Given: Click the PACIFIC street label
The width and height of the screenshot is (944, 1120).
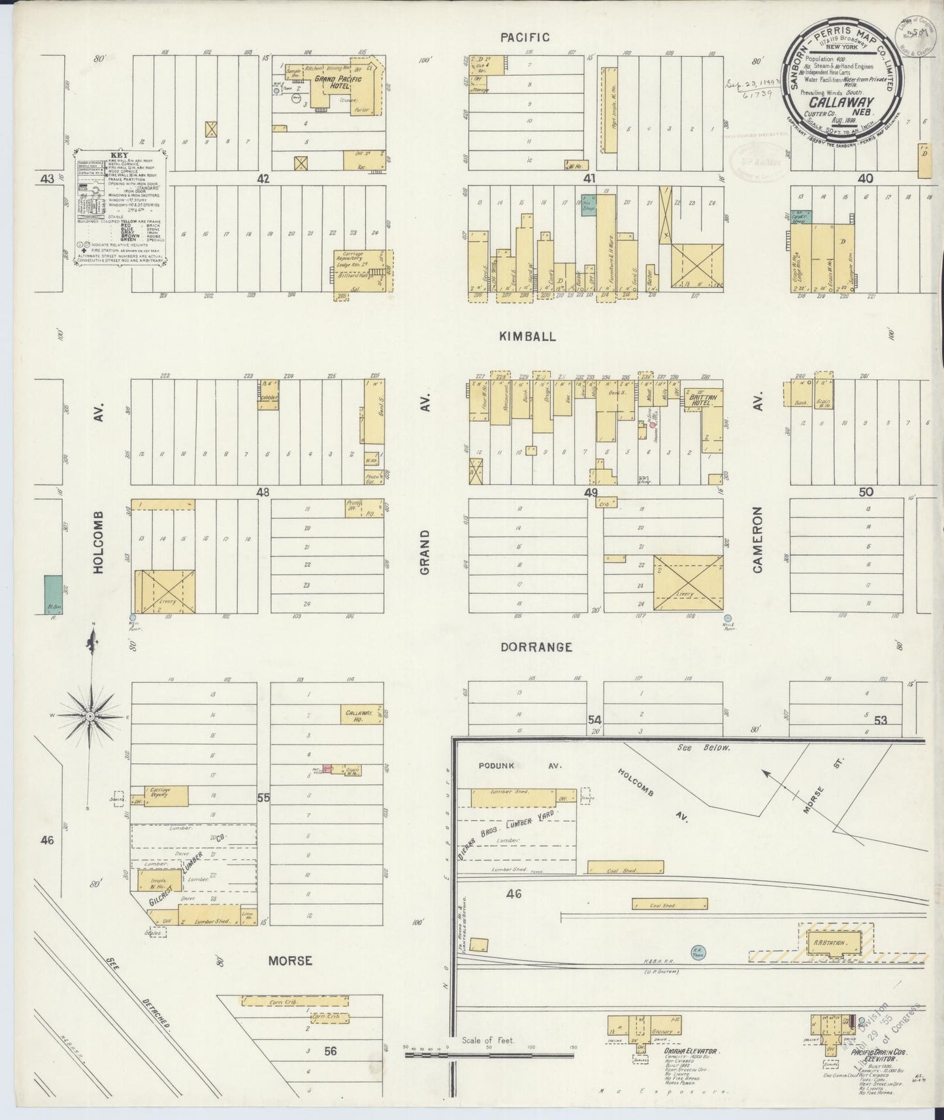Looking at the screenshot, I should (x=525, y=38).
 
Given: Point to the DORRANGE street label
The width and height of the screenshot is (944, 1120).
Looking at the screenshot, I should (x=536, y=647).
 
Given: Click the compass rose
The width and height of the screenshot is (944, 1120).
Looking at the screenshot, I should (x=92, y=716).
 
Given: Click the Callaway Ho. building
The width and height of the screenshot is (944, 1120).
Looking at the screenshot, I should (x=358, y=716).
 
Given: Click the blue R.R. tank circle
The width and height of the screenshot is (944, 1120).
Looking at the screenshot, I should (x=697, y=952).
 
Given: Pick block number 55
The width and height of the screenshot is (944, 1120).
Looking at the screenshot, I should (x=263, y=798).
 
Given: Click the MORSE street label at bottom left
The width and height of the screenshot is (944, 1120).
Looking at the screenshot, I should (x=290, y=961).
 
